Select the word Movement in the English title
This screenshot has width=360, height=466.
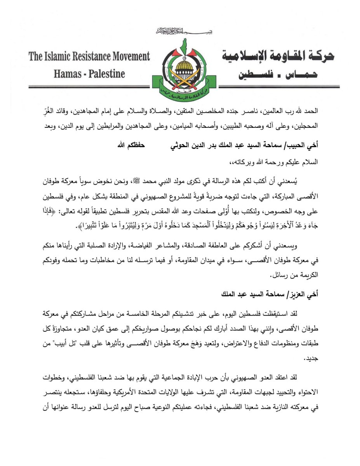pos(130,57)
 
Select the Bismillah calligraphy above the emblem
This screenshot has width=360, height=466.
pos(180,31)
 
